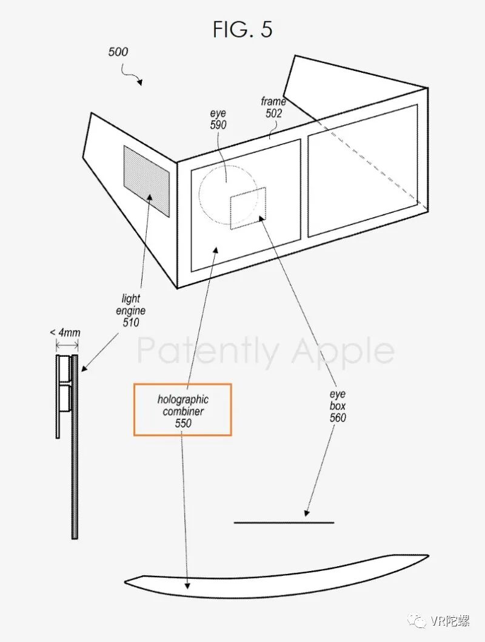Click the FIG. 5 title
tap(242, 29)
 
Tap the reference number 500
tap(118, 52)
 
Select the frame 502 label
tap(272, 107)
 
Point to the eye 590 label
tap(218, 119)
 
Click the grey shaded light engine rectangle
tap(146, 180)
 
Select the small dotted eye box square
tap(248, 208)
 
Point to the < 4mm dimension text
tap(65, 333)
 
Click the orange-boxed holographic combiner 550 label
tap(182, 411)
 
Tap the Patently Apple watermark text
tap(265, 351)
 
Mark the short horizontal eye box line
tap(283, 522)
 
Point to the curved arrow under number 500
tap(132, 75)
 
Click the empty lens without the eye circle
tap(363, 170)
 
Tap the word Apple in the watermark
tap(343, 351)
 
